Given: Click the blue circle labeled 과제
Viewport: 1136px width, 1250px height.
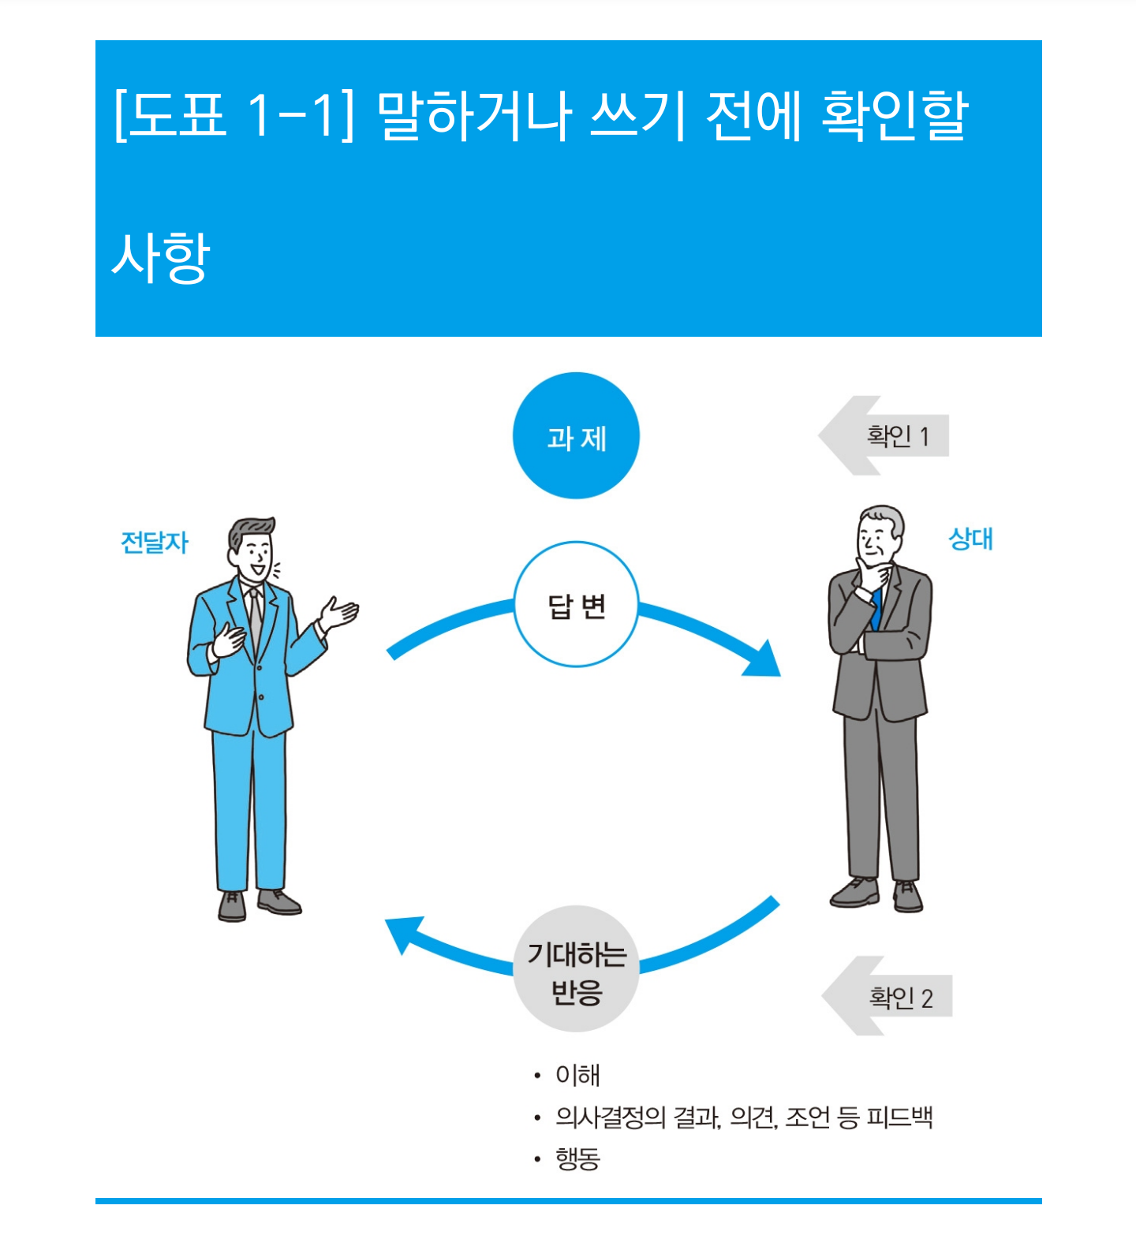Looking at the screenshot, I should (x=576, y=435).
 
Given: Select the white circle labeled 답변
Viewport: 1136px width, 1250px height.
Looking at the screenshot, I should (x=576, y=605).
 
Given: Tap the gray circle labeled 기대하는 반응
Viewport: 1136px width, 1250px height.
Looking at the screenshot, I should (x=576, y=969).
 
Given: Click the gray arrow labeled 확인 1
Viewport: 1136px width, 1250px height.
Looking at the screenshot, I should (x=884, y=435).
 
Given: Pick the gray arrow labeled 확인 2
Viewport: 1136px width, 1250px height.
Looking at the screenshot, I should (x=887, y=996).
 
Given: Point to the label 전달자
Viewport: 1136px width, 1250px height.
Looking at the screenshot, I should (x=155, y=543).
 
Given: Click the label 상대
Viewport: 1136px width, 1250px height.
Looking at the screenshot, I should (x=970, y=539).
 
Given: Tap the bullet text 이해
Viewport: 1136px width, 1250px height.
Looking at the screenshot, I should (x=577, y=1075).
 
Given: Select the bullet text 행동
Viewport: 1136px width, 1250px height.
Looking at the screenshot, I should (x=577, y=1159).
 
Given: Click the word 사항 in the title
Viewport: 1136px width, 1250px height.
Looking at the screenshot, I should (x=161, y=258).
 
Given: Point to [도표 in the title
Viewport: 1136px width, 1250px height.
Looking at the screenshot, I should (x=170, y=116).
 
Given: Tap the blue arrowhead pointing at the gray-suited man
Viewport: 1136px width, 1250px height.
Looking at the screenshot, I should (x=764, y=661).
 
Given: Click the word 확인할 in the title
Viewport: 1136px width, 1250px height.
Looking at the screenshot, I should (x=895, y=116).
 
